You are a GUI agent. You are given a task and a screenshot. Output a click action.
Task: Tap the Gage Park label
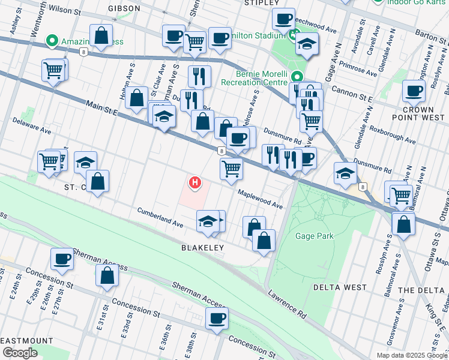click(314, 236)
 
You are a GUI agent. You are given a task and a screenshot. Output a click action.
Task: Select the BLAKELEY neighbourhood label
click(203, 247)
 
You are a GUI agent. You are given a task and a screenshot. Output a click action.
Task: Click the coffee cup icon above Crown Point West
click(414, 91)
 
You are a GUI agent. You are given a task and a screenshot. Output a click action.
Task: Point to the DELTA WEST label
click(340, 287)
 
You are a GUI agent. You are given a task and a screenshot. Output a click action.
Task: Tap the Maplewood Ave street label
click(259, 197)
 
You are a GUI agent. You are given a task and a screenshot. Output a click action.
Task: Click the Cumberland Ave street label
click(160, 217)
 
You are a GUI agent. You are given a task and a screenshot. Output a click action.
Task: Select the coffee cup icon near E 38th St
click(217, 318)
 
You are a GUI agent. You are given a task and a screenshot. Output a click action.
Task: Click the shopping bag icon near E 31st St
click(107, 276)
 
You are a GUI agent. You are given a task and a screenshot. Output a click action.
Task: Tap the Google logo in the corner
click(19, 353)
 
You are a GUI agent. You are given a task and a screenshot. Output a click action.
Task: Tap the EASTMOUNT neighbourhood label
click(24, 340)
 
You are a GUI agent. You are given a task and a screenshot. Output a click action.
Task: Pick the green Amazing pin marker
click(52, 41)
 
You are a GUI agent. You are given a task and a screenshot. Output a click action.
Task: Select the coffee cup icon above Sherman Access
click(61, 259)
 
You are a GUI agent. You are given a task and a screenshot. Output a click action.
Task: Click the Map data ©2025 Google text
click(412, 355)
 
